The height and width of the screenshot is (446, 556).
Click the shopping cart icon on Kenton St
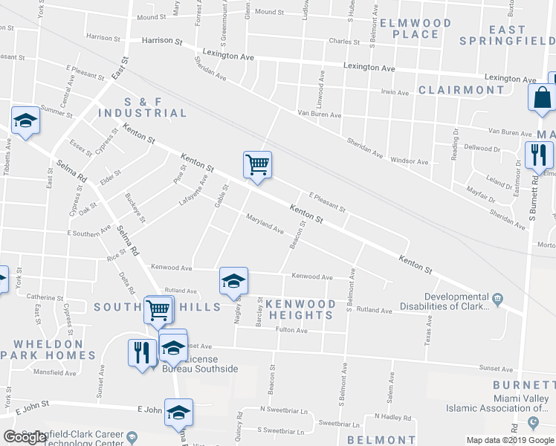coord(257,164)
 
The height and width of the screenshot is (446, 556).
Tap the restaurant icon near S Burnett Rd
coord(537,155)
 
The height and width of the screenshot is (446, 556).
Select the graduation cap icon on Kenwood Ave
coord(233,281)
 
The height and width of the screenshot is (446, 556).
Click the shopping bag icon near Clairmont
coord(541,97)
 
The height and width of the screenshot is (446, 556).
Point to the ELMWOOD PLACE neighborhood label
coord(415,28)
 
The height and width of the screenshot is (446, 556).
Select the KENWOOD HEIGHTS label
coord(300,309)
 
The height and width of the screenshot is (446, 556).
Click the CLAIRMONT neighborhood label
coord(461,90)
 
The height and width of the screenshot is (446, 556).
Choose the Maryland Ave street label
coord(265,225)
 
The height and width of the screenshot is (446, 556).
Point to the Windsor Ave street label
coord(409,161)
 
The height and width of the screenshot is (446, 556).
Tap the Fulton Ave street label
coord(291,330)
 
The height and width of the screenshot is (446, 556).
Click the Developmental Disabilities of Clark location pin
coord(497,299)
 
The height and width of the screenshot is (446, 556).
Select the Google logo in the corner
coord(25,437)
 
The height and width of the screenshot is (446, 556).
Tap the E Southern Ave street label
coord(88,233)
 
